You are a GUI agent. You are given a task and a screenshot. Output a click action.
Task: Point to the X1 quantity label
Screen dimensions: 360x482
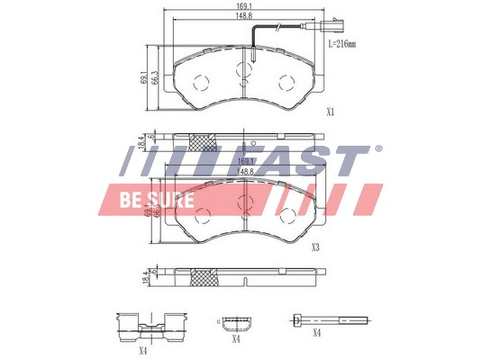[330, 112]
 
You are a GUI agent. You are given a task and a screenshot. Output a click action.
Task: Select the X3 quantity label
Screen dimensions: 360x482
[315, 247]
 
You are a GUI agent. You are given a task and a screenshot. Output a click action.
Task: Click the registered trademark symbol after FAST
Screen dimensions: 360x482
[377, 148]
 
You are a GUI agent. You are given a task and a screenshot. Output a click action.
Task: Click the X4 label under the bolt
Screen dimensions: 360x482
[316, 333]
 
